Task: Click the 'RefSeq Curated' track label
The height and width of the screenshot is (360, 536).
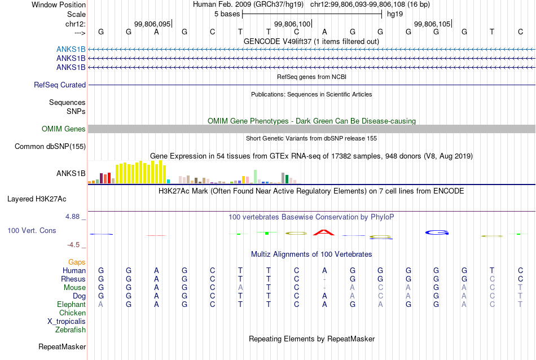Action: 60,85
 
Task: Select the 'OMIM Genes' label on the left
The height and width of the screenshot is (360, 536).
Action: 64,129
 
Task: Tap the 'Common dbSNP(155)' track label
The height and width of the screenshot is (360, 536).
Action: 50,146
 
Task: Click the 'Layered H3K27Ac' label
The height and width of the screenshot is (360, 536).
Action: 37,199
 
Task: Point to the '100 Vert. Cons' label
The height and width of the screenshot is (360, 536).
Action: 32,230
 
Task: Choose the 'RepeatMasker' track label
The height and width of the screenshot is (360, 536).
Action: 62,346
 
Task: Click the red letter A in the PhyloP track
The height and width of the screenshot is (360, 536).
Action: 324,232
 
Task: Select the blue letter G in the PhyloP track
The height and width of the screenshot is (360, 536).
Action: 437,232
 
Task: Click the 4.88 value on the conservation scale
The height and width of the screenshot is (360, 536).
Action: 72,217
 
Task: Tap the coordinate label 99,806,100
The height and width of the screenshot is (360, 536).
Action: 292,24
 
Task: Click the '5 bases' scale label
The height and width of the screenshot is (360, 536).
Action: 227,14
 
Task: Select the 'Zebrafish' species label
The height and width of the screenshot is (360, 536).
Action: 71,330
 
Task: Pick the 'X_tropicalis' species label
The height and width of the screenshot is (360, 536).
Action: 67,322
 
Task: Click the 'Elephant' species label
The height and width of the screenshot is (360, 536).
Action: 72,304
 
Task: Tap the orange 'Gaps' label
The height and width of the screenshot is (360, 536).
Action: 77,262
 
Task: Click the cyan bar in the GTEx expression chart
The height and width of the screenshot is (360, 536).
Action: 168,182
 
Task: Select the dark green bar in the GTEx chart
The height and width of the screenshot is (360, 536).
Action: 287,179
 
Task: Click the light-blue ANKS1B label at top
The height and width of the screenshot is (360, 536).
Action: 71,49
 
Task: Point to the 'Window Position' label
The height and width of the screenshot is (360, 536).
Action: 59,5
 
